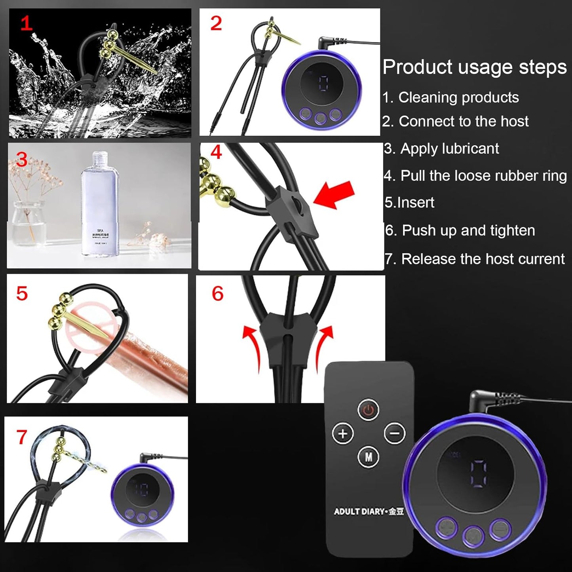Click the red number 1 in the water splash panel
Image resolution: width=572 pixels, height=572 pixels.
[26, 24]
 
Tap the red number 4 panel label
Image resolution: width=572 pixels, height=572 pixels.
[216, 152]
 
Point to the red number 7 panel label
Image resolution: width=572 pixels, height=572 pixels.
[22, 437]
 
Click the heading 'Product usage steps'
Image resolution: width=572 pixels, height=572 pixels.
[474, 67]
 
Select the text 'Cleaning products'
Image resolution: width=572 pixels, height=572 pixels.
[458, 97]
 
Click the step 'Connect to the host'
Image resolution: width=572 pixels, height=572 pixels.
[463, 121]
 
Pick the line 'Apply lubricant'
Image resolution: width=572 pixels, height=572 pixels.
[449, 148]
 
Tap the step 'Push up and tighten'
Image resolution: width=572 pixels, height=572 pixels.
[468, 230]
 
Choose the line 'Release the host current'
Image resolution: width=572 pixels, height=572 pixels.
[483, 259]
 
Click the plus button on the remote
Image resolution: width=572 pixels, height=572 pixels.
[342, 433]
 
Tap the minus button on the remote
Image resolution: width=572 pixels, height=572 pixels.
[395, 433]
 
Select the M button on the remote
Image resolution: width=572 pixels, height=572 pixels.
[369, 457]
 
